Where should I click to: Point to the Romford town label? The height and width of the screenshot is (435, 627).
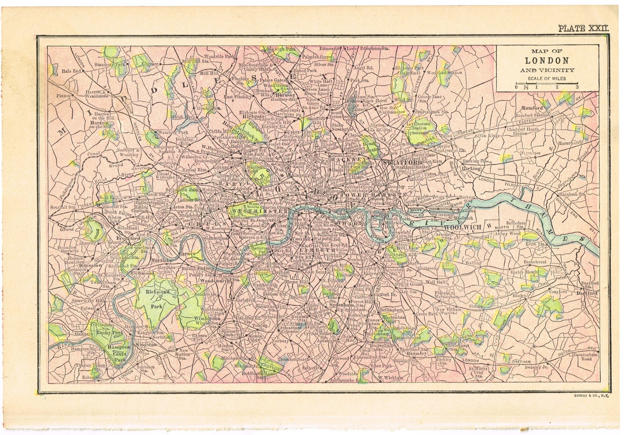click(x=532, y=108)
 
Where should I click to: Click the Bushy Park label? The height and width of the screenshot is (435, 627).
click(x=103, y=332)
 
